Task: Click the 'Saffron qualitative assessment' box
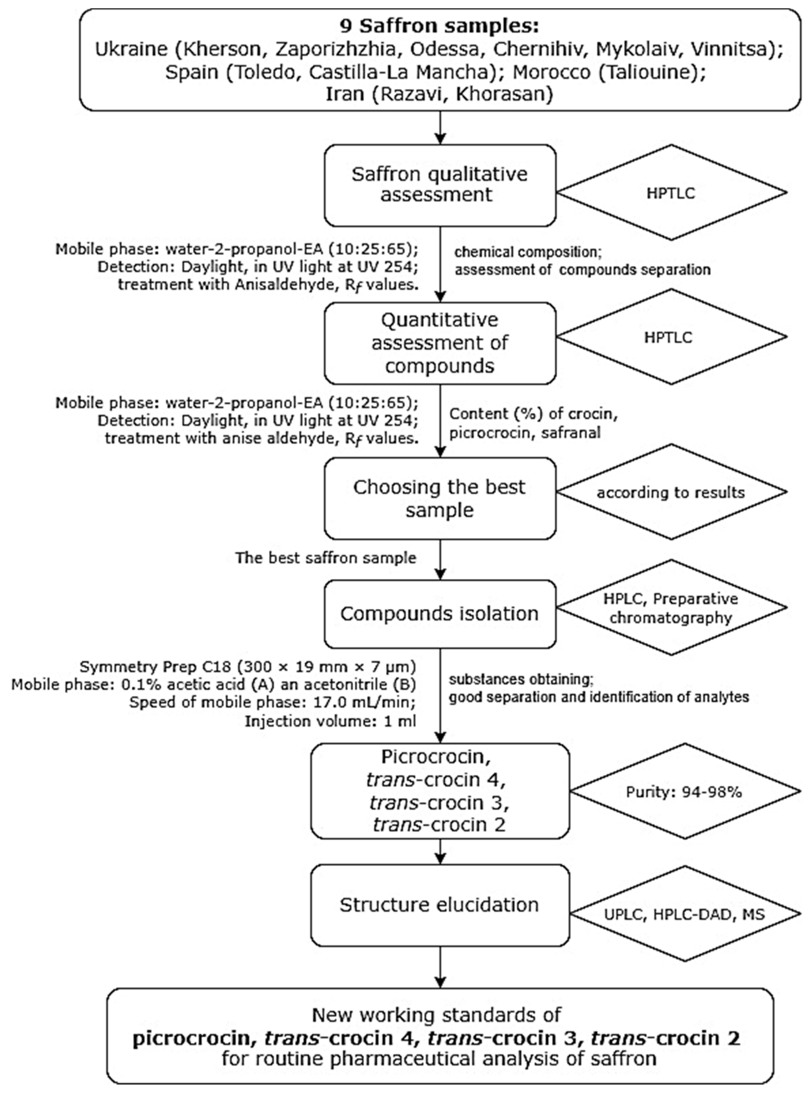pyautogui.click(x=439, y=185)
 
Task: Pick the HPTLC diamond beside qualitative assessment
pyautogui.click(x=670, y=193)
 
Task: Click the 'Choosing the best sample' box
pyautogui.click(x=439, y=498)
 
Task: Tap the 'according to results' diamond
pyautogui.click(x=670, y=492)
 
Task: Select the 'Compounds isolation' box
pyautogui.click(x=439, y=614)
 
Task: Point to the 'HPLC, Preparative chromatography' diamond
pyautogui.click(x=670, y=608)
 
